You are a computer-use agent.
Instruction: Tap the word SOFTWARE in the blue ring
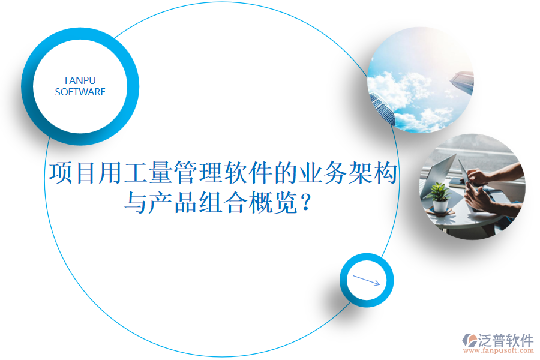(80, 92)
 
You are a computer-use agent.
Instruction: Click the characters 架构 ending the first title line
(379, 173)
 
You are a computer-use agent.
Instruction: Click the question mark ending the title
(307, 204)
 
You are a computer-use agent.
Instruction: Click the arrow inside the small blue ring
(367, 280)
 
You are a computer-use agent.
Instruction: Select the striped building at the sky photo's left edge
(382, 108)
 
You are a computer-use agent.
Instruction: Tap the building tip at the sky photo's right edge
(463, 79)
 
